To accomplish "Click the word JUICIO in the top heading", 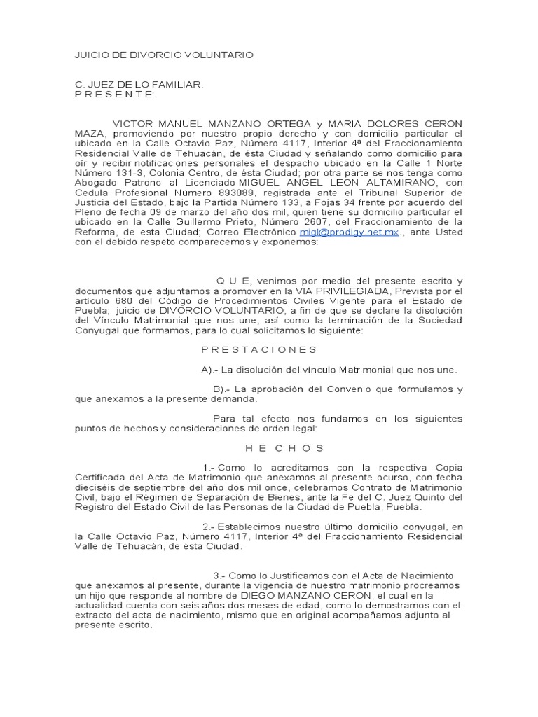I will pos(91,54).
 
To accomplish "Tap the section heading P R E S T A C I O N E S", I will pos(259,349).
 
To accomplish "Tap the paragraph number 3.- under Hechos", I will pos(209,575).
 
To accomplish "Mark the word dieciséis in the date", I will pos(99,487).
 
